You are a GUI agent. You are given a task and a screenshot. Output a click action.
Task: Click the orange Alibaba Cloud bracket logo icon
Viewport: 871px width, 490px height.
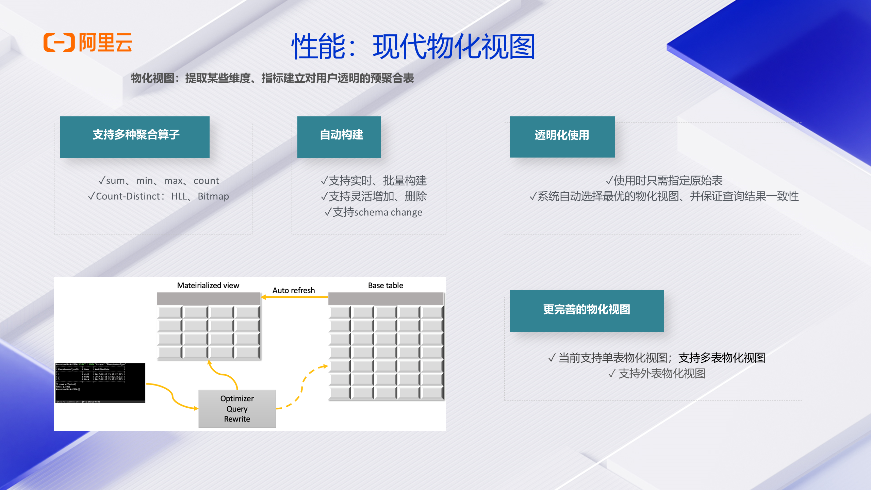tap(59, 43)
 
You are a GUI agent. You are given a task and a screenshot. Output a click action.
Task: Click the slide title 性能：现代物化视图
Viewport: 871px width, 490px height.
tap(413, 47)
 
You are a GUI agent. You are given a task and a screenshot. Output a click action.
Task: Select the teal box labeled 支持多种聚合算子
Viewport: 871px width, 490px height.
tap(135, 137)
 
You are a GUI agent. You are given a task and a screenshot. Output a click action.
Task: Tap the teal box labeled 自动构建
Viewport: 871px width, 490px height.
tap(339, 137)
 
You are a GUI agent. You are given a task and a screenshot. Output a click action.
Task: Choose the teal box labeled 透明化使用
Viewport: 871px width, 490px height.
tap(562, 137)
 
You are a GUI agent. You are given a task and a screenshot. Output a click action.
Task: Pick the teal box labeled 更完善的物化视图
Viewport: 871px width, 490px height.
tap(587, 311)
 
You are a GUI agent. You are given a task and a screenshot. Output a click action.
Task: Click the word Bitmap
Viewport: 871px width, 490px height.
tap(213, 196)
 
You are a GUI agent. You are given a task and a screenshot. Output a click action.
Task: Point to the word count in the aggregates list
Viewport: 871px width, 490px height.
tap(206, 181)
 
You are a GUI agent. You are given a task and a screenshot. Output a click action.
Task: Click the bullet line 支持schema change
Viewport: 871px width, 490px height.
tap(374, 212)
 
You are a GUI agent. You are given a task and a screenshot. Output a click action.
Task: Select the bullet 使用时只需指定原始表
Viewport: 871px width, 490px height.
tap(664, 181)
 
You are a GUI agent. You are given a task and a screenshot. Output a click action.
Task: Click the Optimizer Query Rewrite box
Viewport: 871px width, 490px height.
tap(237, 409)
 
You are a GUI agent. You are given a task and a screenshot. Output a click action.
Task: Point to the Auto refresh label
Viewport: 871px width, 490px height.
tap(294, 290)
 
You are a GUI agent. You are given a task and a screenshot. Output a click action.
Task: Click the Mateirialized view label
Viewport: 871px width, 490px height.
tap(208, 285)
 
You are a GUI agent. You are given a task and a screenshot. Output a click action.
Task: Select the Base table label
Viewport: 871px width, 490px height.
tap(385, 285)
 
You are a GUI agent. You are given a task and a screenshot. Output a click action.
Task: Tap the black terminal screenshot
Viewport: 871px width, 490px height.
tap(100, 383)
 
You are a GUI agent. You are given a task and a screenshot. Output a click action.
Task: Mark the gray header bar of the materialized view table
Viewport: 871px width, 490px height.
tap(208, 298)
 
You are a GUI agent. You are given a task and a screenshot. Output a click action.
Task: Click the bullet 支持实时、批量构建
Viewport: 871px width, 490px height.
tap(374, 181)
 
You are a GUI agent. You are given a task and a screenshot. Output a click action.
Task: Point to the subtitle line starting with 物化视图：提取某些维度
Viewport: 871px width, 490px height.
tap(272, 78)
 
